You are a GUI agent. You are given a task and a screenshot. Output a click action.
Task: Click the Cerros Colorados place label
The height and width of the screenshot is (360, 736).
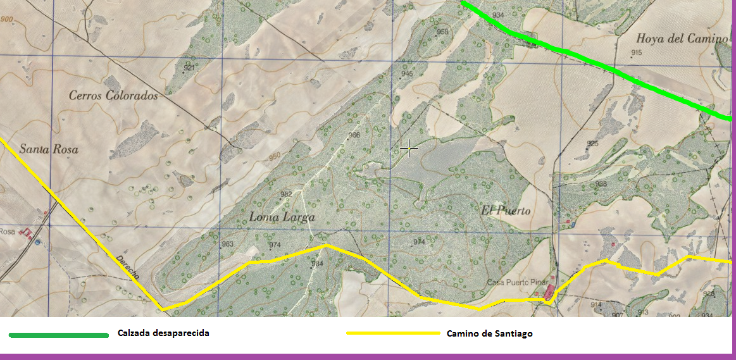click(x=113, y=96)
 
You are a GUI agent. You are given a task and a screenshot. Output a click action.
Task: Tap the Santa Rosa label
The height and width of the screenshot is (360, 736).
click(x=49, y=150)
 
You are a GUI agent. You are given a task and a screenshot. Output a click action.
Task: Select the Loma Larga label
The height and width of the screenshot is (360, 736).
click(x=282, y=217)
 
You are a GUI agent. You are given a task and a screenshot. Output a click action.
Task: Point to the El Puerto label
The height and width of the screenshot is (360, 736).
click(x=506, y=211)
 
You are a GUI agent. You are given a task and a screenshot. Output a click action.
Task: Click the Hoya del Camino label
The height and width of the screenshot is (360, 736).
click(x=682, y=39)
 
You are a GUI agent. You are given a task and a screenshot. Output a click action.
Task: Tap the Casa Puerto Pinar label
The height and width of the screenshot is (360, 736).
click(x=516, y=282)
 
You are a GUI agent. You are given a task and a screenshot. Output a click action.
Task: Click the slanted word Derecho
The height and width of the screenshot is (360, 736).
click(x=128, y=268)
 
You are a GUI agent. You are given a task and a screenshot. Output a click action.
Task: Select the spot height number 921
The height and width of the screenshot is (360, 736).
click(x=189, y=67)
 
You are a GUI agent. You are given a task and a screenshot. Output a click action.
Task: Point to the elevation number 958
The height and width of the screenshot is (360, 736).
click(x=442, y=32)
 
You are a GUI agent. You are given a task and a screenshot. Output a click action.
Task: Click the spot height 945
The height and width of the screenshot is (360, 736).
click(x=406, y=73)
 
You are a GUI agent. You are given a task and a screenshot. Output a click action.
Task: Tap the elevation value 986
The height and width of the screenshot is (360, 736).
click(x=354, y=135)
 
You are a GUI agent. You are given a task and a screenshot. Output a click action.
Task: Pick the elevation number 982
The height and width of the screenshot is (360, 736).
click(x=286, y=194)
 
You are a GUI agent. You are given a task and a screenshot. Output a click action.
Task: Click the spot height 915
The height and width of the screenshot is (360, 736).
click(x=636, y=53)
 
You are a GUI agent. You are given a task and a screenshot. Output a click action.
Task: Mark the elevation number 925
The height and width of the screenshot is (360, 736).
click(x=592, y=144)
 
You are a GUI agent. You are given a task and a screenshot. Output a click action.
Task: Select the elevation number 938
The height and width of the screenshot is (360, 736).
click(x=601, y=184)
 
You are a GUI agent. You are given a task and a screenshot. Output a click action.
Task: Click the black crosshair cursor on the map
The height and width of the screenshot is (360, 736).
click(x=409, y=148)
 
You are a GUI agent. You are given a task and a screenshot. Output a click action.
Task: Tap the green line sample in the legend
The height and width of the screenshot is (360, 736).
click(x=58, y=335)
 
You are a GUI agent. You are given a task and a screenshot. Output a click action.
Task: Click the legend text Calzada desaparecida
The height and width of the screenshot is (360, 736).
click(x=163, y=333)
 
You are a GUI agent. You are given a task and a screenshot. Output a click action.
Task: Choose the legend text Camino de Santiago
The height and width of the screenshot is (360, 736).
click(x=489, y=333)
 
